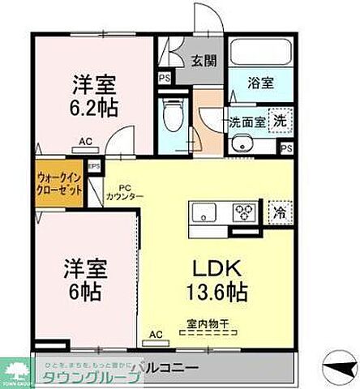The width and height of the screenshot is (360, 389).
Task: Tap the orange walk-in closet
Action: tap(58, 186)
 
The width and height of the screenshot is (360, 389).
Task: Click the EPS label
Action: tap(93, 168)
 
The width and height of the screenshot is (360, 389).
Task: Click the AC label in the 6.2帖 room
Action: tap(85, 142)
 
